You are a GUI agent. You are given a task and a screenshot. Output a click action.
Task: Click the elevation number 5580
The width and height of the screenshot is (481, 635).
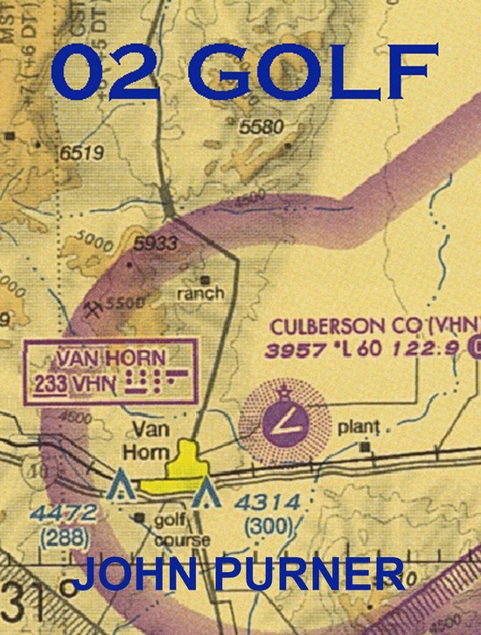tap(261, 128)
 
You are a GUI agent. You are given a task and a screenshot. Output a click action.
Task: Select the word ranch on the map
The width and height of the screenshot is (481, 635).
tap(200, 293)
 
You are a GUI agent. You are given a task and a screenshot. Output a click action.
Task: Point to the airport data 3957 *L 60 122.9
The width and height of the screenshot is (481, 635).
tap(367, 350)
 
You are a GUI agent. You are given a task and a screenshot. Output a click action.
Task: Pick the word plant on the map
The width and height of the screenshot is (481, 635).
tap(359, 428)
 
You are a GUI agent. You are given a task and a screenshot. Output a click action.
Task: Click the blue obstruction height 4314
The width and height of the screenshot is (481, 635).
tap(270, 503)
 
